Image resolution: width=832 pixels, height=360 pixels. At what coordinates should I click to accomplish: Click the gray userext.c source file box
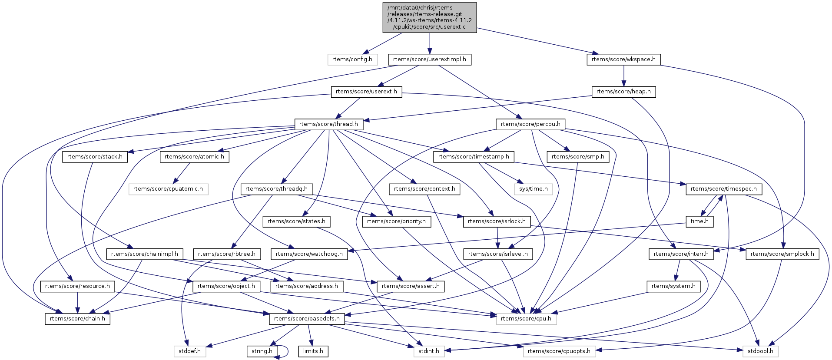429,17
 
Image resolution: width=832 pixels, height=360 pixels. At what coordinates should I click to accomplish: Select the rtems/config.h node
352,59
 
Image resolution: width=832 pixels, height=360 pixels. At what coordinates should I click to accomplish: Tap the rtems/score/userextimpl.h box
429,59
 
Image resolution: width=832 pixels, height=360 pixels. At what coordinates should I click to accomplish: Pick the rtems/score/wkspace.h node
623,59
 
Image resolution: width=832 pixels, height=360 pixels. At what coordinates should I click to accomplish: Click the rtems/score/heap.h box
623,92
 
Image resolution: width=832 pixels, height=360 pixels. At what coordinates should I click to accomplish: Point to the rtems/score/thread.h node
328,124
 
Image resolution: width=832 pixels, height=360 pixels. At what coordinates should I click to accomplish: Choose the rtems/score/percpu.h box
530,124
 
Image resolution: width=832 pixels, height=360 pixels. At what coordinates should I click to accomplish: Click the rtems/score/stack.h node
95,157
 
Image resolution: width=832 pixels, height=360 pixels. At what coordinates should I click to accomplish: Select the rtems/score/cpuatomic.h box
168,189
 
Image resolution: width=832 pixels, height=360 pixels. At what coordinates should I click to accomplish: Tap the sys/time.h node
533,189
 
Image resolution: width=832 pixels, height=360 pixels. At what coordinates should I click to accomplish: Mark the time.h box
699,221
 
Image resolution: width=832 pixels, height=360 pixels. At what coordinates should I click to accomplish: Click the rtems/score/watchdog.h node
309,254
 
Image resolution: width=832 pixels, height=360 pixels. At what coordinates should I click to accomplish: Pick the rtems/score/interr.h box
681,254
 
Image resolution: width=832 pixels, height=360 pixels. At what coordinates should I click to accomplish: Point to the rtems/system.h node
673,286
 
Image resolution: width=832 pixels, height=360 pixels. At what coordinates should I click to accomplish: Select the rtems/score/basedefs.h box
307,319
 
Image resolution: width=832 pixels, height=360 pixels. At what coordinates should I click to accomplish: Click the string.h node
262,351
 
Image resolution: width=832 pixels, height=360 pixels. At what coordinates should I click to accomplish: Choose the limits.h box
313,351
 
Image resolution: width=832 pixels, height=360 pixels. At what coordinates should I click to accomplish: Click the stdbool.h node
760,351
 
